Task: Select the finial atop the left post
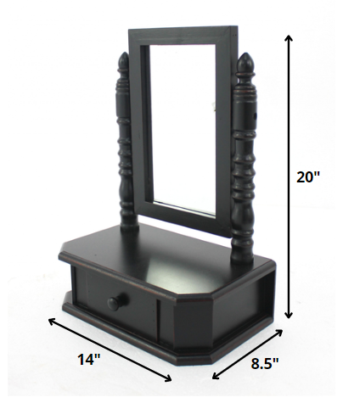[124, 64]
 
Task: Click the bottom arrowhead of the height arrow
[290, 315]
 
